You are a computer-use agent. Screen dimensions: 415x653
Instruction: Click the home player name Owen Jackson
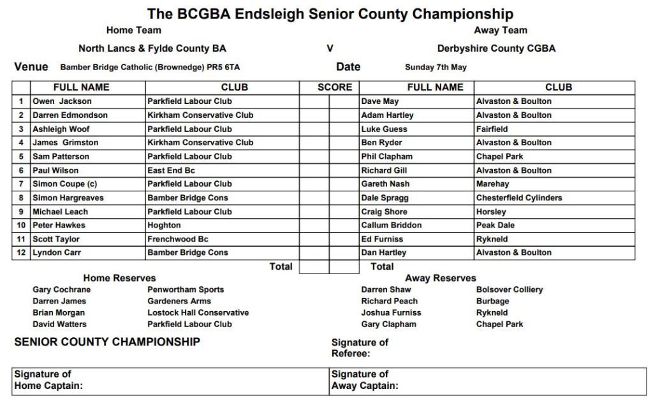62,101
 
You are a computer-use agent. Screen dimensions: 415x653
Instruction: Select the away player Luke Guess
384,129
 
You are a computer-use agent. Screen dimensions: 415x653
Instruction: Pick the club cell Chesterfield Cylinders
519,198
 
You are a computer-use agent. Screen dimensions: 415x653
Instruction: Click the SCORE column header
335,87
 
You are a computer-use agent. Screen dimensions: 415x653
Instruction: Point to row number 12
21,252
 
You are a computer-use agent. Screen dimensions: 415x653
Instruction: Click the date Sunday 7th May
436,67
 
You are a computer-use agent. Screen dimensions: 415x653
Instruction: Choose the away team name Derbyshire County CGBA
496,48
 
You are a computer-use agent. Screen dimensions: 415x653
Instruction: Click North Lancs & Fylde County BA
152,48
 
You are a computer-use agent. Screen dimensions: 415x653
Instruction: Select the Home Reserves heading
119,278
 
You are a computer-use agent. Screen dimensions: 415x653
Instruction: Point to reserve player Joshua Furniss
391,312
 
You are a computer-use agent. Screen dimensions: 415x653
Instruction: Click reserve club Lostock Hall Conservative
198,312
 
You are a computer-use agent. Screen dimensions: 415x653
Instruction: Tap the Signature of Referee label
360,347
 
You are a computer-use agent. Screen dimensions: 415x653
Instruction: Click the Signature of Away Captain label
365,380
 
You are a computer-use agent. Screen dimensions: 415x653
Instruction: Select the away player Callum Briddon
392,225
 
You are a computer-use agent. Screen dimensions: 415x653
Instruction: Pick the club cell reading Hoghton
164,225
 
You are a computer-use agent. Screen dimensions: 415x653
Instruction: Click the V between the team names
330,48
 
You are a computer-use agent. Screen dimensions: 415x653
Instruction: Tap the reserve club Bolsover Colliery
510,289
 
